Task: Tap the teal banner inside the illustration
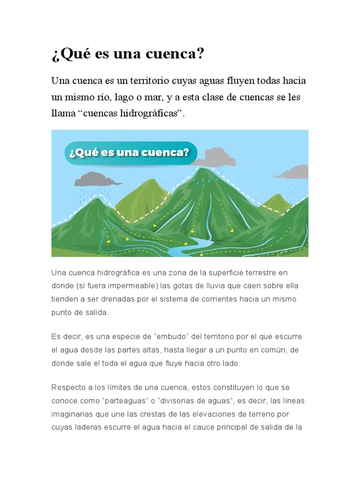click(131, 153)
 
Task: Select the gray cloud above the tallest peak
click(214, 157)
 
